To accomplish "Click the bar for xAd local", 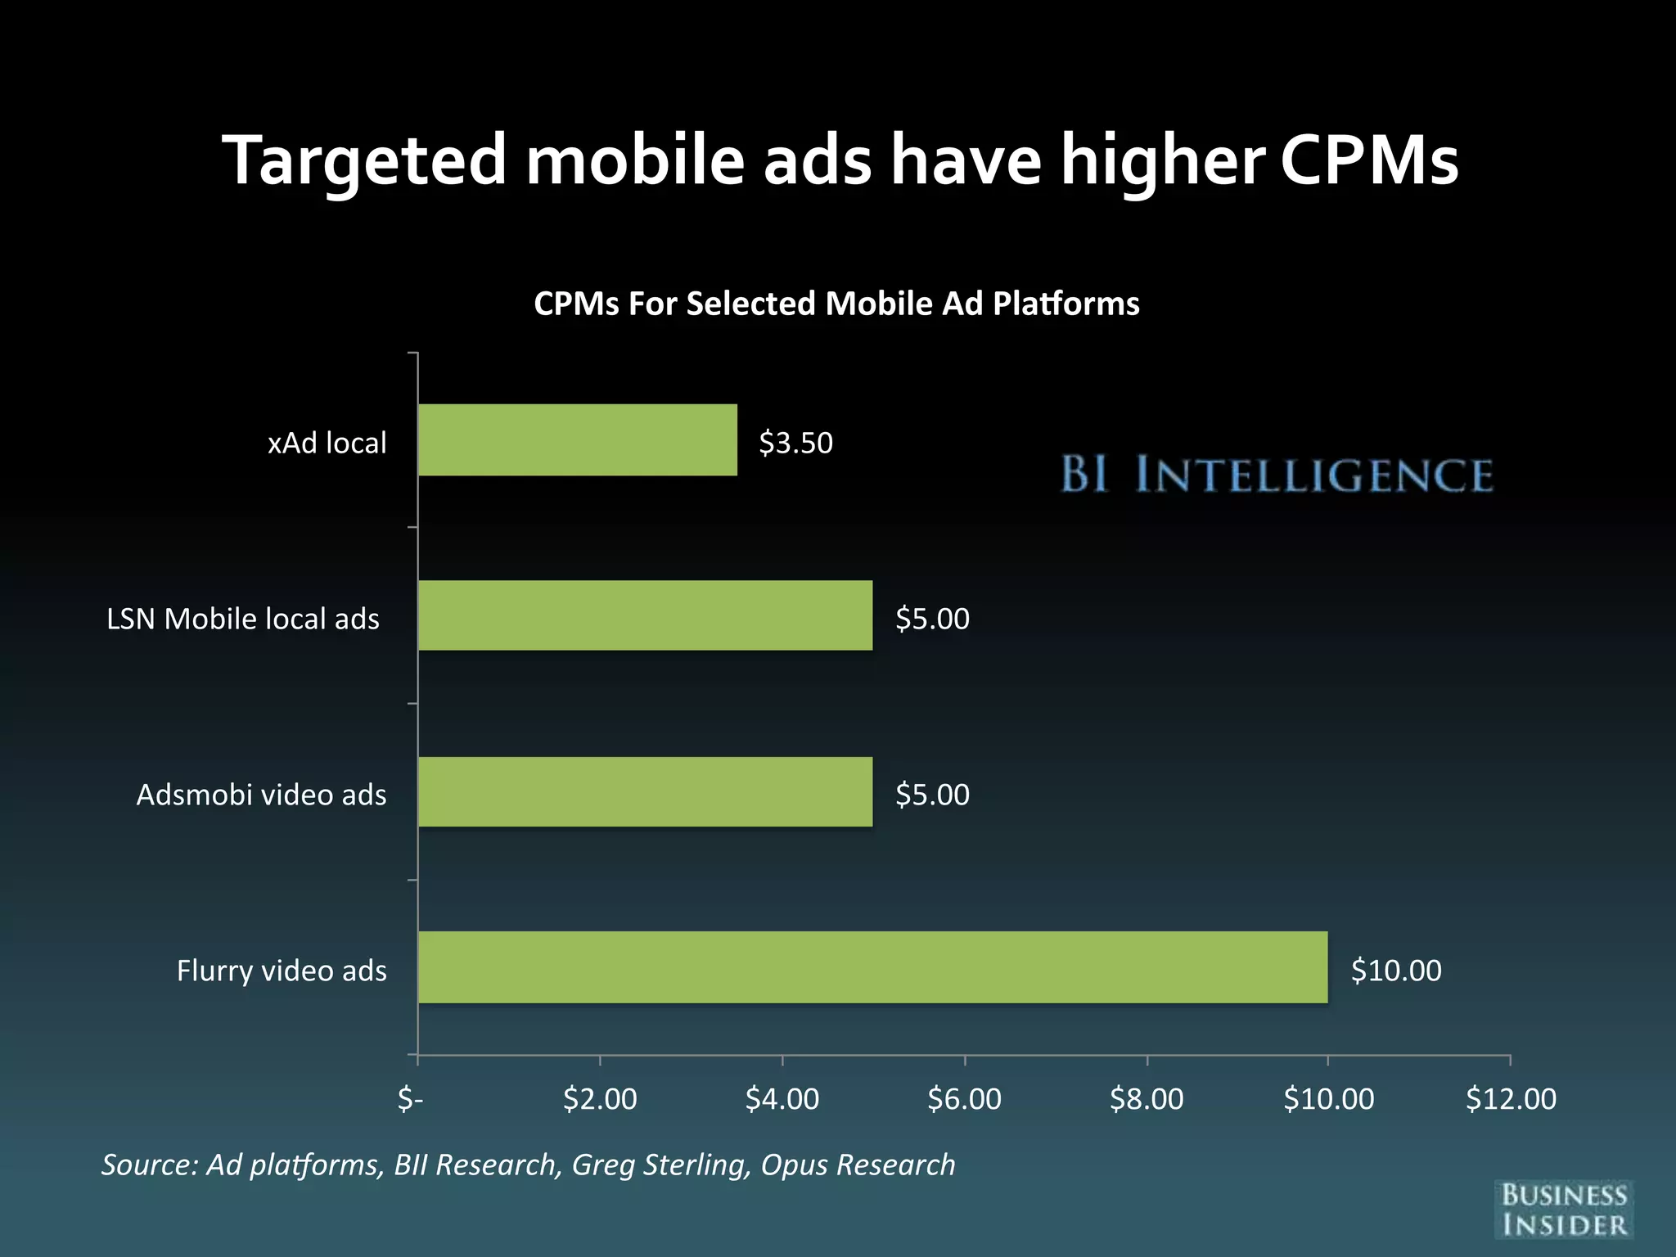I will (577, 439).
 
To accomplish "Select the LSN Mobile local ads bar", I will (645, 615).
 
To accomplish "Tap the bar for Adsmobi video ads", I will (645, 791).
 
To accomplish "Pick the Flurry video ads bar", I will (872, 967).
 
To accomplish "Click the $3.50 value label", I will (795, 443).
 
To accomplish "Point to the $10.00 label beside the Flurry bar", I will (1395, 971).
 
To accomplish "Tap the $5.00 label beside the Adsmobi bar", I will (932, 795).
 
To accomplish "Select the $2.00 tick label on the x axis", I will (600, 1098).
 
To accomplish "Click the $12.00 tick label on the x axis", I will (1511, 1098).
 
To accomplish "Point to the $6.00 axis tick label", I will (964, 1098).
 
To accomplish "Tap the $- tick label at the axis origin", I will (410, 1098).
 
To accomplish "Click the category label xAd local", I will (327, 443).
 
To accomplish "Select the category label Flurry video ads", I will (282, 971).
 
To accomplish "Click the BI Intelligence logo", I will (1277, 475).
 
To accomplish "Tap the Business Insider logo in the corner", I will (1564, 1210).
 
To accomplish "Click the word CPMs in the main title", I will (1368, 160).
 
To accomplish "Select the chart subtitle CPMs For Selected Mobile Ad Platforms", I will (836, 304).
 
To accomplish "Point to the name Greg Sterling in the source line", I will (660, 1165).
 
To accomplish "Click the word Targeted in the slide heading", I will (365, 162).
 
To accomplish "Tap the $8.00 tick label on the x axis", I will (1147, 1098).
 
